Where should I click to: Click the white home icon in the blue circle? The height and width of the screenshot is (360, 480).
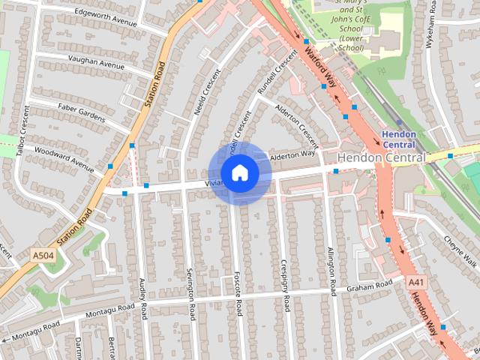point(239,173)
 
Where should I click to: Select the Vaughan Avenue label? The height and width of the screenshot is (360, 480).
point(95,65)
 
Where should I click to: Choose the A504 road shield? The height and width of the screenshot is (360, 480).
point(43,256)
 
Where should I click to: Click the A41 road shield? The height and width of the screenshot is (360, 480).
point(417,282)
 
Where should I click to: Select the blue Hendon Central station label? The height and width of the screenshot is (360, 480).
point(398,139)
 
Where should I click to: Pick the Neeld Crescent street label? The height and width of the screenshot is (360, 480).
point(207,92)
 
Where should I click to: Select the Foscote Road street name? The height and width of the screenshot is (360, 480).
point(238,293)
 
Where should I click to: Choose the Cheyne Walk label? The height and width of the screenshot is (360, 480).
point(460,251)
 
